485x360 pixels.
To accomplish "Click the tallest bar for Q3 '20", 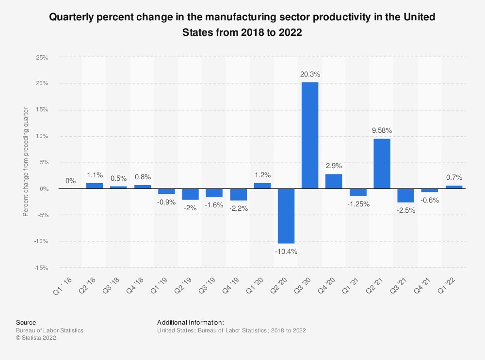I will click(310, 135).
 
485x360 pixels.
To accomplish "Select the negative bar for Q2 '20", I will click(286, 216).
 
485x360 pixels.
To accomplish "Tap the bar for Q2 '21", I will click(382, 163).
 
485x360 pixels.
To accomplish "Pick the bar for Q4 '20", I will click(334, 181).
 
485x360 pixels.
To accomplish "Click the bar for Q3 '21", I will click(405, 195).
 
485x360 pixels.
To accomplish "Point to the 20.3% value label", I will click(310, 75).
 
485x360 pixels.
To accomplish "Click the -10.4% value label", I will click(286, 251).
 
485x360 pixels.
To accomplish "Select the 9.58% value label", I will click(382, 130).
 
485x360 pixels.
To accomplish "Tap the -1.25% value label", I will click(358, 204).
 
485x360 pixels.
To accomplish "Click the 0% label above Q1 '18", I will click(70, 181).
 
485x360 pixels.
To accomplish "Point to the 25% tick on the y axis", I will click(42, 57).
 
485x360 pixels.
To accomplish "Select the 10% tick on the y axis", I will click(42, 136).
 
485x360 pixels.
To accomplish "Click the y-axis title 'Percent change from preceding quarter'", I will click(26, 162).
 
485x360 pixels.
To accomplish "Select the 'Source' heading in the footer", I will click(26, 322).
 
